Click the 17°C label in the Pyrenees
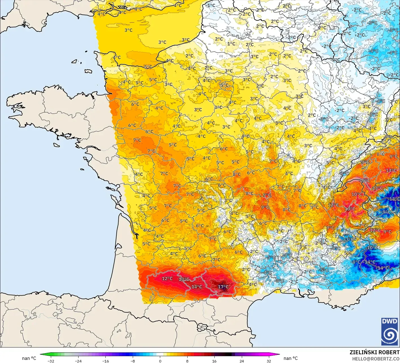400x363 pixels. (223, 287)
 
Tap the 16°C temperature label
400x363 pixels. (364, 181)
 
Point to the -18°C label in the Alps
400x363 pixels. (394, 199)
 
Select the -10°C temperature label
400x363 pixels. (372, 248)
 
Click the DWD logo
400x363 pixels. (390, 331)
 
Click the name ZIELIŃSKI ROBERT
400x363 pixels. (374, 352)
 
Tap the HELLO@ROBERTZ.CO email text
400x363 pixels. (375, 359)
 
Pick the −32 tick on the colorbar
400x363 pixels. (51, 361)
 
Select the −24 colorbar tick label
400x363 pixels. (78, 361)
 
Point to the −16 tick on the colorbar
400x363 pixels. (105, 361)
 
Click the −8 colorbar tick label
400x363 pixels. (133, 361)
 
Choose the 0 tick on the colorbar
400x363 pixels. (160, 361)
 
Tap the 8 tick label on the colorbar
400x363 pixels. (187, 361)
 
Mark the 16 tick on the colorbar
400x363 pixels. (214, 361)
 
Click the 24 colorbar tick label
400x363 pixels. (242, 361)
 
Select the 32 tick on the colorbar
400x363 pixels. (269, 361)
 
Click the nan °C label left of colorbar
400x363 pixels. (29, 358)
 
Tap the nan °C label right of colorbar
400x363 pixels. (290, 358)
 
